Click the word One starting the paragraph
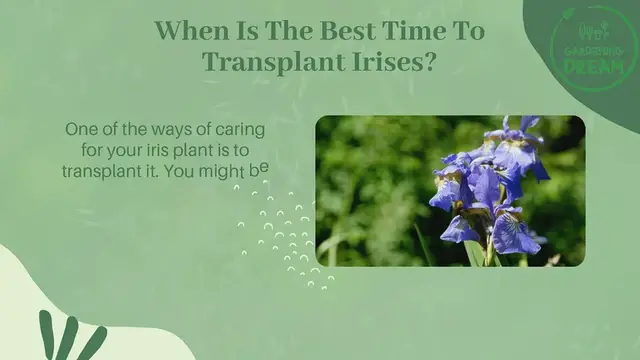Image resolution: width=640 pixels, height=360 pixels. [x=82, y=130]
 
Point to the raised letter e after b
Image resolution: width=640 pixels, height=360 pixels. [x=265, y=167]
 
